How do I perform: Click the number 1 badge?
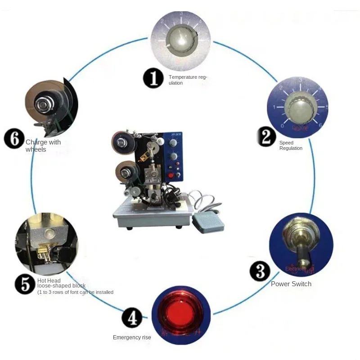(153, 78)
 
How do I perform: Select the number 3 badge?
(260, 271)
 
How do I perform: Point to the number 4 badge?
(132, 319)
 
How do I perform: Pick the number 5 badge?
(24, 284)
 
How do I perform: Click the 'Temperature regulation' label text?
(188, 80)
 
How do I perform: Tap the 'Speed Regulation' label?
(291, 145)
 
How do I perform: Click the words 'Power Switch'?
(291, 284)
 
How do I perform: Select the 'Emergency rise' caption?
(132, 337)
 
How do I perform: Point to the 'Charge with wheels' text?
(43, 146)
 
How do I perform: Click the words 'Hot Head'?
(49, 280)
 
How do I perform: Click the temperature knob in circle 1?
(180, 41)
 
